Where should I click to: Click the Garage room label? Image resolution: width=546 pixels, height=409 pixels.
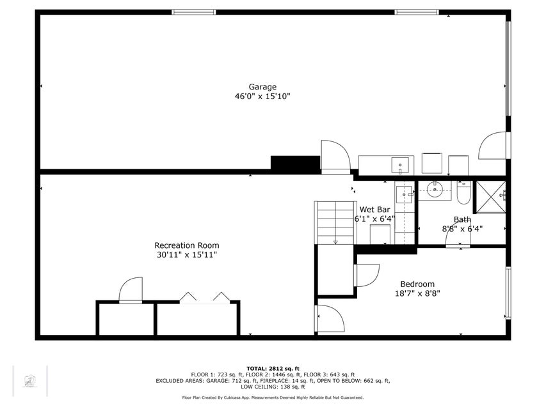[x=262, y=87]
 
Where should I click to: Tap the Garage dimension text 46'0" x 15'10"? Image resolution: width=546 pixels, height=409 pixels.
[x=262, y=96]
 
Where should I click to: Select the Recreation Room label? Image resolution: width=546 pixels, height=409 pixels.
[x=187, y=245]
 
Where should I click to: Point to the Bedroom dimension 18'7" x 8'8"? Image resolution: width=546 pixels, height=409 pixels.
[x=417, y=293]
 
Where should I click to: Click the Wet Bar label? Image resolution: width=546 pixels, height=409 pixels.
[x=374, y=210]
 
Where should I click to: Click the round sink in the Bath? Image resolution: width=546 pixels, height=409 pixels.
[x=435, y=190]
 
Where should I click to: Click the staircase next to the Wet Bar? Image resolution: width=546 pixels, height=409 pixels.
[x=335, y=222]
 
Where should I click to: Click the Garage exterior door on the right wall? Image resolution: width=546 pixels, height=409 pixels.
[x=494, y=146]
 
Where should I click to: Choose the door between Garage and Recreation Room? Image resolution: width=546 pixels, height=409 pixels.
[x=335, y=157]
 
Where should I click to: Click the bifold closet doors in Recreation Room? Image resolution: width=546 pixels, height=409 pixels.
[x=205, y=298]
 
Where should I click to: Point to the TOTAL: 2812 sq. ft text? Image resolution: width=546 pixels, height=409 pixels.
[x=273, y=368]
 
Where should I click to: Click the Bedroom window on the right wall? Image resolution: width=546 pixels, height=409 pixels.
[x=508, y=293]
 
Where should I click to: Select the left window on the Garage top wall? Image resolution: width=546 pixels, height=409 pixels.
[x=194, y=12]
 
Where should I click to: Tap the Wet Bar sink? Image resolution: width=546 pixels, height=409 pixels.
[x=405, y=194]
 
